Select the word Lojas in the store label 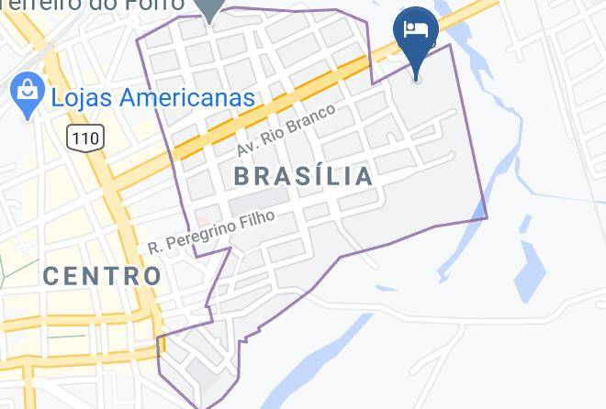[x=80, y=96]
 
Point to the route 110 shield [x=84, y=138]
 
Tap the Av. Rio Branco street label [x=286, y=131]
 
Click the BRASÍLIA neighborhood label [x=304, y=175]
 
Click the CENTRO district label [x=102, y=274]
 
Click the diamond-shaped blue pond [x=531, y=271]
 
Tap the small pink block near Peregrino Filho [x=202, y=220]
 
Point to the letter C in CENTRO [x=51, y=274]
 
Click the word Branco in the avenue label [x=315, y=118]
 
